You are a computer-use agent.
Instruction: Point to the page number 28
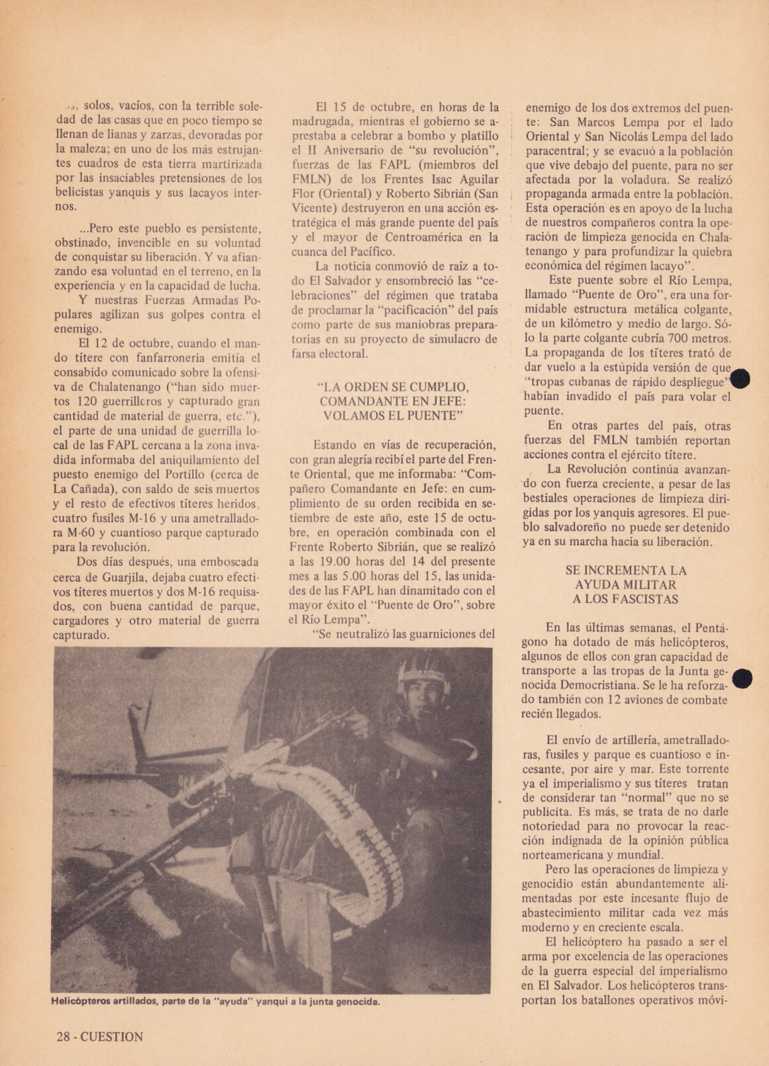pyautogui.click(x=64, y=1037)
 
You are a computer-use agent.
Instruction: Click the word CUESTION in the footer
pyautogui.click(x=112, y=1037)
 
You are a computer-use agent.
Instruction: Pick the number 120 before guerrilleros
pyautogui.click(x=91, y=401)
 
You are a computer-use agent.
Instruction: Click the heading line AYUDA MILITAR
pyautogui.click(x=626, y=584)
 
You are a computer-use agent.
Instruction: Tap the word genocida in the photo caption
pyautogui.click(x=357, y=1001)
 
